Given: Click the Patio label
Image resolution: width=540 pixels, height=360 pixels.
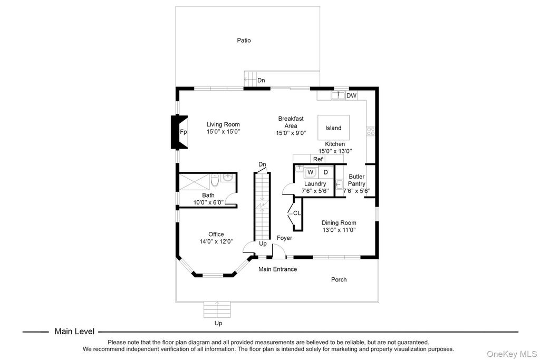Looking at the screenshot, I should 244,40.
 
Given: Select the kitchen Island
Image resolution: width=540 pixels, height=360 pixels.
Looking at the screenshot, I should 333,128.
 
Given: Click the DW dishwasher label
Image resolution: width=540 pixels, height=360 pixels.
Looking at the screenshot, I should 351,96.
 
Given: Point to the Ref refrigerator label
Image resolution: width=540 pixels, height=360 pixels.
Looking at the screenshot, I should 317,159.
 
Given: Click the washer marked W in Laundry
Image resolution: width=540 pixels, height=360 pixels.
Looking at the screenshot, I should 311,172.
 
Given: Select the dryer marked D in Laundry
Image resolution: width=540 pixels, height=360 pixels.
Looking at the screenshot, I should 325,172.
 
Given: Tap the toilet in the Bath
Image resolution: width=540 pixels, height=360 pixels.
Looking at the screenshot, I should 215,182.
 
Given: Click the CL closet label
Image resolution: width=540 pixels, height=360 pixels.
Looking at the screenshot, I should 297,213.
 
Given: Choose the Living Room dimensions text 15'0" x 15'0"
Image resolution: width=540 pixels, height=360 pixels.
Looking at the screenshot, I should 223,132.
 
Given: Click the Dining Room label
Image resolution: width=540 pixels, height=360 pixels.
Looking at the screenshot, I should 339,223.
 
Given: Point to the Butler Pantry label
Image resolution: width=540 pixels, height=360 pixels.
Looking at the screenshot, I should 356,180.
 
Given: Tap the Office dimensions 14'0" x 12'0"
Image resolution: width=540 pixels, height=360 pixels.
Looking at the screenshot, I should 216,242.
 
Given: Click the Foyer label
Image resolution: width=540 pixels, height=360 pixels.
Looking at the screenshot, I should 284,238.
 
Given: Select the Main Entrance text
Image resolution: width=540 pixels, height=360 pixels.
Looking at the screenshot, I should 277,269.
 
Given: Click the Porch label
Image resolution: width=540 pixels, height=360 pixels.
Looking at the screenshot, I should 339,279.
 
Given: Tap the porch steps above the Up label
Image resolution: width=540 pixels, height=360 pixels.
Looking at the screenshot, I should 218,310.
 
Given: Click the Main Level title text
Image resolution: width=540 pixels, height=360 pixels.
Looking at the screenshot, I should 74,332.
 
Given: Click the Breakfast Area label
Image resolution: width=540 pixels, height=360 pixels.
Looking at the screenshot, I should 291,122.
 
